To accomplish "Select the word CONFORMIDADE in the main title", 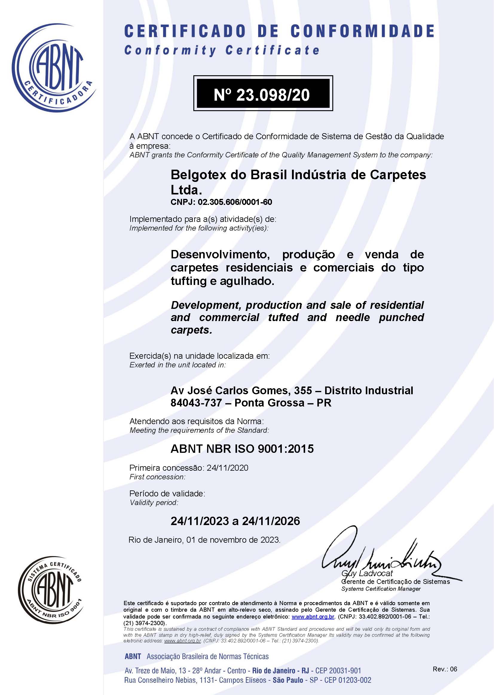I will [362, 31].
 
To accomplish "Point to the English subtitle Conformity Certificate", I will [222, 50].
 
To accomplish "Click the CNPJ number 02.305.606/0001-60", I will [235, 202].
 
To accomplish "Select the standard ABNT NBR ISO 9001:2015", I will [242, 449].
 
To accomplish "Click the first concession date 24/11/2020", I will [227, 468].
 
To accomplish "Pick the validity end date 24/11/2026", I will [271, 521].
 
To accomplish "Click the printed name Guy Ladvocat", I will [367, 573].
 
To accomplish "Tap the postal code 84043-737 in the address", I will [196, 403].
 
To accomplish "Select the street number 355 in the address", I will [303, 390].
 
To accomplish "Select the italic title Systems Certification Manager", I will [381, 589].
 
